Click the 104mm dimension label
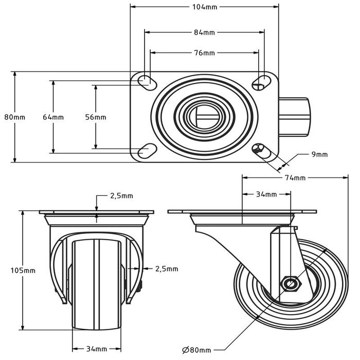(204, 7)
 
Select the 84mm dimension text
(204, 33)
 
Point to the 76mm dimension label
(204, 52)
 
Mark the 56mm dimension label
(96, 117)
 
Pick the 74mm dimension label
(295, 178)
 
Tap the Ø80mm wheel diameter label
(196, 350)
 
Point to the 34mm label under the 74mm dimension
(266, 194)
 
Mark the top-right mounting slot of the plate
(262, 80)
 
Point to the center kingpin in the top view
(204, 116)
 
